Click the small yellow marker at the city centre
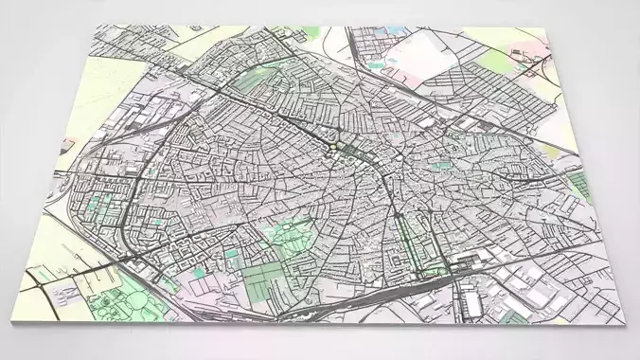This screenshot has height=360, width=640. point(332,147)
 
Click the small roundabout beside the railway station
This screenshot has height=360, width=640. point(445,270)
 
